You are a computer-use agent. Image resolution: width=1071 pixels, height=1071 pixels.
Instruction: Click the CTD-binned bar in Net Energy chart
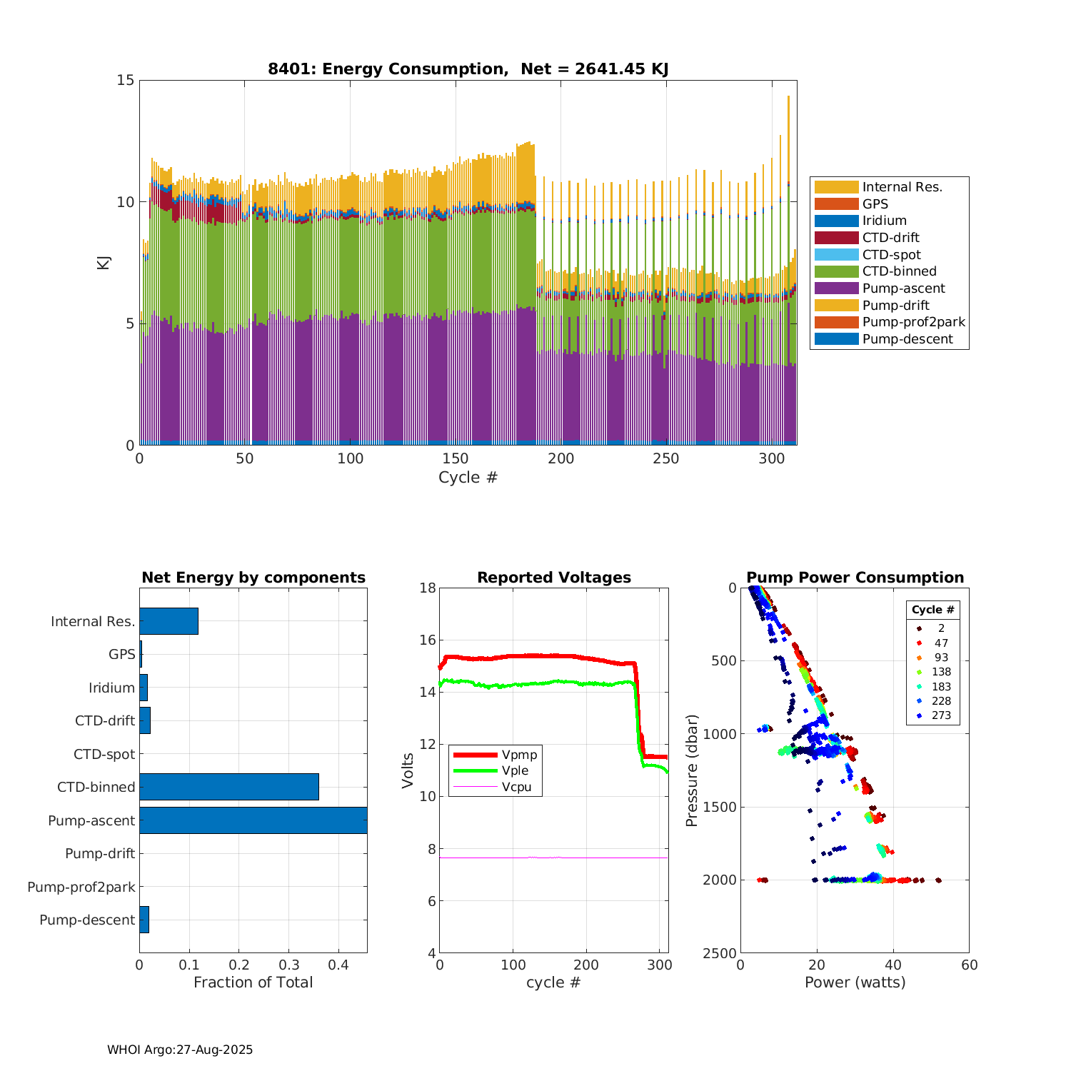pos(228,787)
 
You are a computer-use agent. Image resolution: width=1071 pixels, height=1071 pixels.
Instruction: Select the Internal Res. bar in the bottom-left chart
pos(169,621)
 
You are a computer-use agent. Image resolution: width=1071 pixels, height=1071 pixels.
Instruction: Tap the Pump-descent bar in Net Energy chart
pos(144,920)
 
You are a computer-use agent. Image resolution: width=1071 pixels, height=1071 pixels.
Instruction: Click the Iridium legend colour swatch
pos(836,221)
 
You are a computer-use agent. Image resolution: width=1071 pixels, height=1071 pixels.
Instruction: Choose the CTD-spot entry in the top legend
pos(891,255)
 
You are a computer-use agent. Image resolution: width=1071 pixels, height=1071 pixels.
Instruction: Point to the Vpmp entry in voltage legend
pos(519,755)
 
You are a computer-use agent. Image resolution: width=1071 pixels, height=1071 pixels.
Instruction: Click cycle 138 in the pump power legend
pos(941,672)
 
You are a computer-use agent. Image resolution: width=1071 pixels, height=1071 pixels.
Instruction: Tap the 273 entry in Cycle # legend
pos(941,715)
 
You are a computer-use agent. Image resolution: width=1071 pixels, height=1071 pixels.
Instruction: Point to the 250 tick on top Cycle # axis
pos(666,458)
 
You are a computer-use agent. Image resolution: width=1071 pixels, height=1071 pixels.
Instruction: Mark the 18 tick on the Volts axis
pos(428,588)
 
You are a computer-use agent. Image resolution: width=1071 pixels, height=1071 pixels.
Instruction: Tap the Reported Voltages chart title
pos(554,578)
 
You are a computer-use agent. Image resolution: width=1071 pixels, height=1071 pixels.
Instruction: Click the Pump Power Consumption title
pos(855,578)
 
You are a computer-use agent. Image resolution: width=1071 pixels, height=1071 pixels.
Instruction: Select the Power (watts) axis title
pos(855,982)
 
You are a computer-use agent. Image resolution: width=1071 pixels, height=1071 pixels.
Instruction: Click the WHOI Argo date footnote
pos(180,1050)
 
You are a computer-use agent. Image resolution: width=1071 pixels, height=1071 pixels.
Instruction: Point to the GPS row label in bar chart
pos(122,654)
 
